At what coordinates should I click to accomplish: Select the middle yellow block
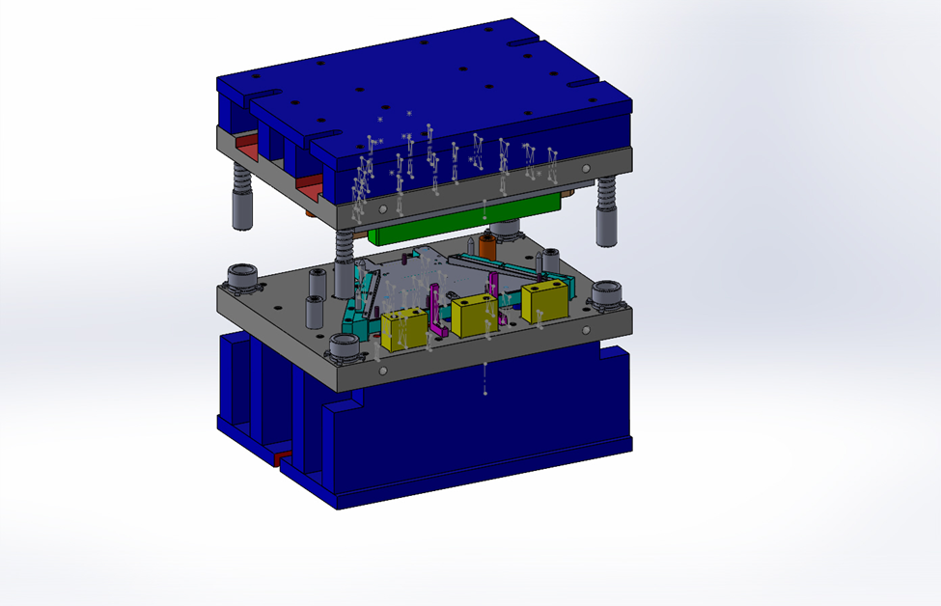473,315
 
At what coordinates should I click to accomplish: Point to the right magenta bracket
494,289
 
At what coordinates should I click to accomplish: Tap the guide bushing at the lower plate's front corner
346,348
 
